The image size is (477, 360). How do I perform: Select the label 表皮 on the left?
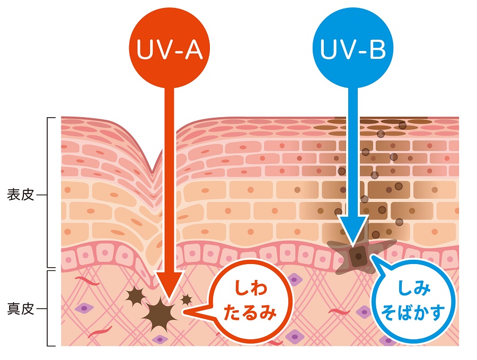point(21,195)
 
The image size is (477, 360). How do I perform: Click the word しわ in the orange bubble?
point(249,292)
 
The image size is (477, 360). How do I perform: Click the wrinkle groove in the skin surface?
point(153,167)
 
